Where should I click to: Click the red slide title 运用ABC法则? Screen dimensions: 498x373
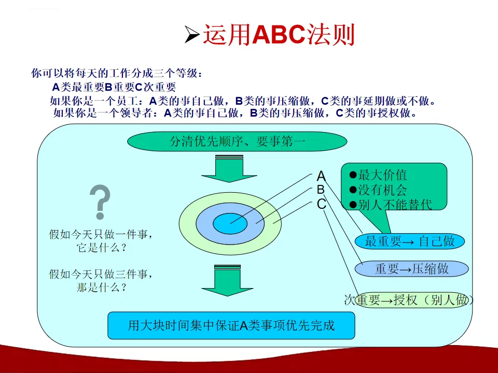point(279,35)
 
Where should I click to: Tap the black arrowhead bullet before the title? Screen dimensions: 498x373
point(192,35)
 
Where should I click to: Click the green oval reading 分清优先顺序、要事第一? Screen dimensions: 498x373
point(237,141)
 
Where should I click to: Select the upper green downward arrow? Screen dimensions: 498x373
point(229,168)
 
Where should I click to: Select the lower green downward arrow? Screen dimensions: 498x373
point(227,280)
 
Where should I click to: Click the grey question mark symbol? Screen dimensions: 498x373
point(100,202)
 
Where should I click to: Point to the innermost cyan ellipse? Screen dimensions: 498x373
point(230,224)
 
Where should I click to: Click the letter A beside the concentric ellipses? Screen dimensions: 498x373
point(321,176)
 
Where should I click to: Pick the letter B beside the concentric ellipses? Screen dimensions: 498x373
point(321,190)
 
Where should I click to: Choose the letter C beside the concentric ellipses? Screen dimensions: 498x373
point(322,204)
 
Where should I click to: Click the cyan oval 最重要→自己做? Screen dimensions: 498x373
point(410,241)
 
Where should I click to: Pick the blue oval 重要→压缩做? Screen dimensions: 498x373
point(411,269)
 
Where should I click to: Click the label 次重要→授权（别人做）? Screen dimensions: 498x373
point(408,300)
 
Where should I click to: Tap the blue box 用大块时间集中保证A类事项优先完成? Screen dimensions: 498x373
point(231,325)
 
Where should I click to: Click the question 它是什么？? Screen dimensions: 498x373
point(102,248)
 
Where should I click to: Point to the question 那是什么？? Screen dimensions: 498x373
point(102,288)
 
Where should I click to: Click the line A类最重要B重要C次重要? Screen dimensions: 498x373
point(114,87)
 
